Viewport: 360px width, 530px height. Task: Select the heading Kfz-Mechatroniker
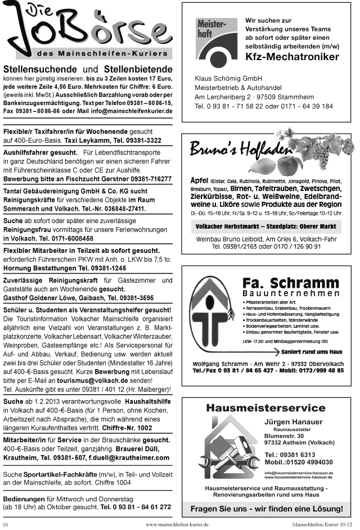tap(292, 57)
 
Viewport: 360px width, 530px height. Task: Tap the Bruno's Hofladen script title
tap(234, 151)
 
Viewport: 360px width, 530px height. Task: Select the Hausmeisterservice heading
tap(265, 407)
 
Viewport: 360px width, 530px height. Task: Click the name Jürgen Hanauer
tap(293, 422)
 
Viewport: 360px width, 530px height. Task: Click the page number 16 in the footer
tap(6, 524)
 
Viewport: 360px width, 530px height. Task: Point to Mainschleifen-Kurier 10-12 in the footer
tap(322, 524)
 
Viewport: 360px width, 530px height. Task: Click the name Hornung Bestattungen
tap(42, 269)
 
